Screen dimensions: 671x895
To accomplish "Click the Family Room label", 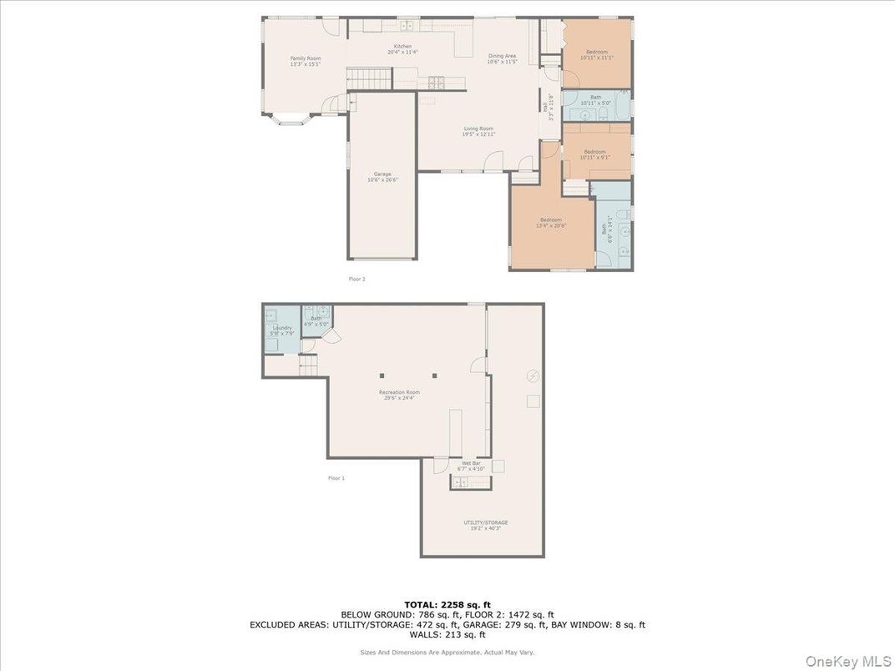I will (x=306, y=61).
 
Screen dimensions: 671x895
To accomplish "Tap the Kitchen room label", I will (x=402, y=49).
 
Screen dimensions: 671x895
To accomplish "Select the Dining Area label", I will (x=502, y=58).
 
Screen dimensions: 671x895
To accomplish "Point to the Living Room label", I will (x=479, y=131).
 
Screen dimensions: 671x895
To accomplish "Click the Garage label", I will (x=382, y=177).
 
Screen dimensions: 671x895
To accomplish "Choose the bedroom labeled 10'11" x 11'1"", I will (x=595, y=54).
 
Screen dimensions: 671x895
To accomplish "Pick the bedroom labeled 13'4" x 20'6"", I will (x=550, y=222).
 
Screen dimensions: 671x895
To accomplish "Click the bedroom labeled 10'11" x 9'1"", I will (x=595, y=154).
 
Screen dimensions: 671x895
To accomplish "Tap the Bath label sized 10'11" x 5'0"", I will (x=595, y=100).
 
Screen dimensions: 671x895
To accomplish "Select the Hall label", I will (x=547, y=107).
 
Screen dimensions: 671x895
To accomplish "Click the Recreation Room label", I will (x=399, y=395).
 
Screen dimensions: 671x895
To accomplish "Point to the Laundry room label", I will (x=282, y=330).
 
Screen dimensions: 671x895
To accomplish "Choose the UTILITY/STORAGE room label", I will (x=486, y=525).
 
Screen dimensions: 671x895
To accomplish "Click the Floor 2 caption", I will (x=357, y=279).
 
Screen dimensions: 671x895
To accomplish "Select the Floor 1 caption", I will (x=336, y=478).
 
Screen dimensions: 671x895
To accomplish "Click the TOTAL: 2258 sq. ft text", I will (x=447, y=604).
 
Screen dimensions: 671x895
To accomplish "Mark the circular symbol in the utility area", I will (x=533, y=376).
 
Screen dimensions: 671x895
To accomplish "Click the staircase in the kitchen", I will (x=369, y=80).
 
